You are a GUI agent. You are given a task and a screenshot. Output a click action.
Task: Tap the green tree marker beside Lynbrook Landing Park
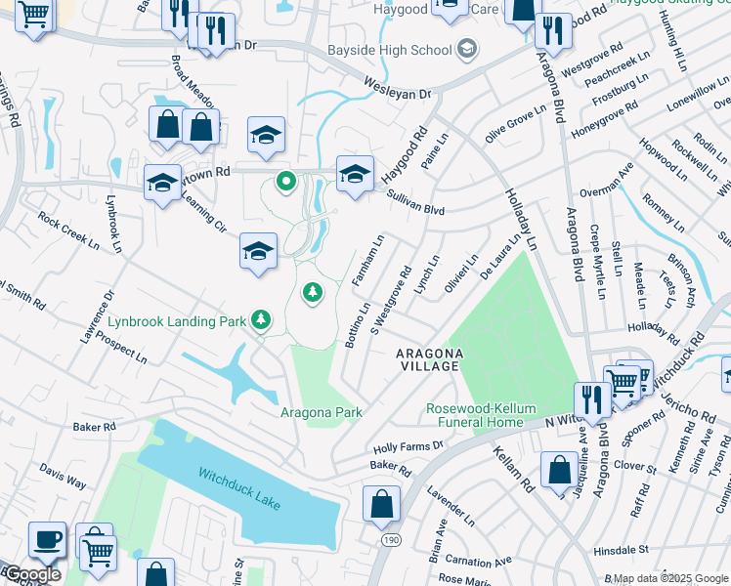[x=261, y=319]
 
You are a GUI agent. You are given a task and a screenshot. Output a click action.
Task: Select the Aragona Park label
[x=322, y=412]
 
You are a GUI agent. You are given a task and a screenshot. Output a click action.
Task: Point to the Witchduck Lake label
[x=239, y=486]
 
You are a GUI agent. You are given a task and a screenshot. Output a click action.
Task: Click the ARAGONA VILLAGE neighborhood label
[x=427, y=358]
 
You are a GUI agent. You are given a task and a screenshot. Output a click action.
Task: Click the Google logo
[x=31, y=574]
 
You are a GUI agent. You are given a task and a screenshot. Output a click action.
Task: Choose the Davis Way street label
[x=63, y=476]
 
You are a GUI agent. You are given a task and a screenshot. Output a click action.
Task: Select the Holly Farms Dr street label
[x=408, y=446]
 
